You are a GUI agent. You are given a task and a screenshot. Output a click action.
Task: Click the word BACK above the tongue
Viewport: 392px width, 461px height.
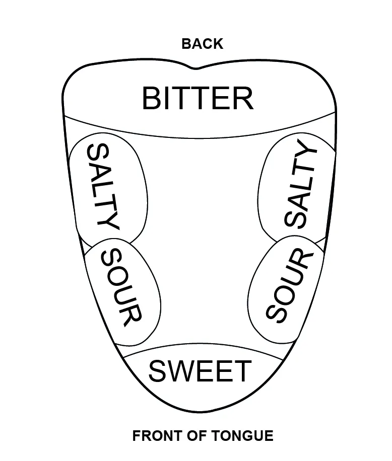202,44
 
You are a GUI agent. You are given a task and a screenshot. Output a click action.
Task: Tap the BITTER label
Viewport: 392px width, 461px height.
198,99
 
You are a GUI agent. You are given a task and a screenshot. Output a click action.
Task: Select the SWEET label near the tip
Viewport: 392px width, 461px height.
200,372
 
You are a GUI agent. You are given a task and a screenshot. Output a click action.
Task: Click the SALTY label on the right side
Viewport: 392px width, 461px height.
301,185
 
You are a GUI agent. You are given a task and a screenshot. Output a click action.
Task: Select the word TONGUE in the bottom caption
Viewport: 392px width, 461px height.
244,436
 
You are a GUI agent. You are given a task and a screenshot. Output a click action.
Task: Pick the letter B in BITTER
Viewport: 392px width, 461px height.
152,99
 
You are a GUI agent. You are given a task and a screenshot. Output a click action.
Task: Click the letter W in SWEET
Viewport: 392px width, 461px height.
180,372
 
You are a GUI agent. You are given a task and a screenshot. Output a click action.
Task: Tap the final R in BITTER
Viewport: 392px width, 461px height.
243,99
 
